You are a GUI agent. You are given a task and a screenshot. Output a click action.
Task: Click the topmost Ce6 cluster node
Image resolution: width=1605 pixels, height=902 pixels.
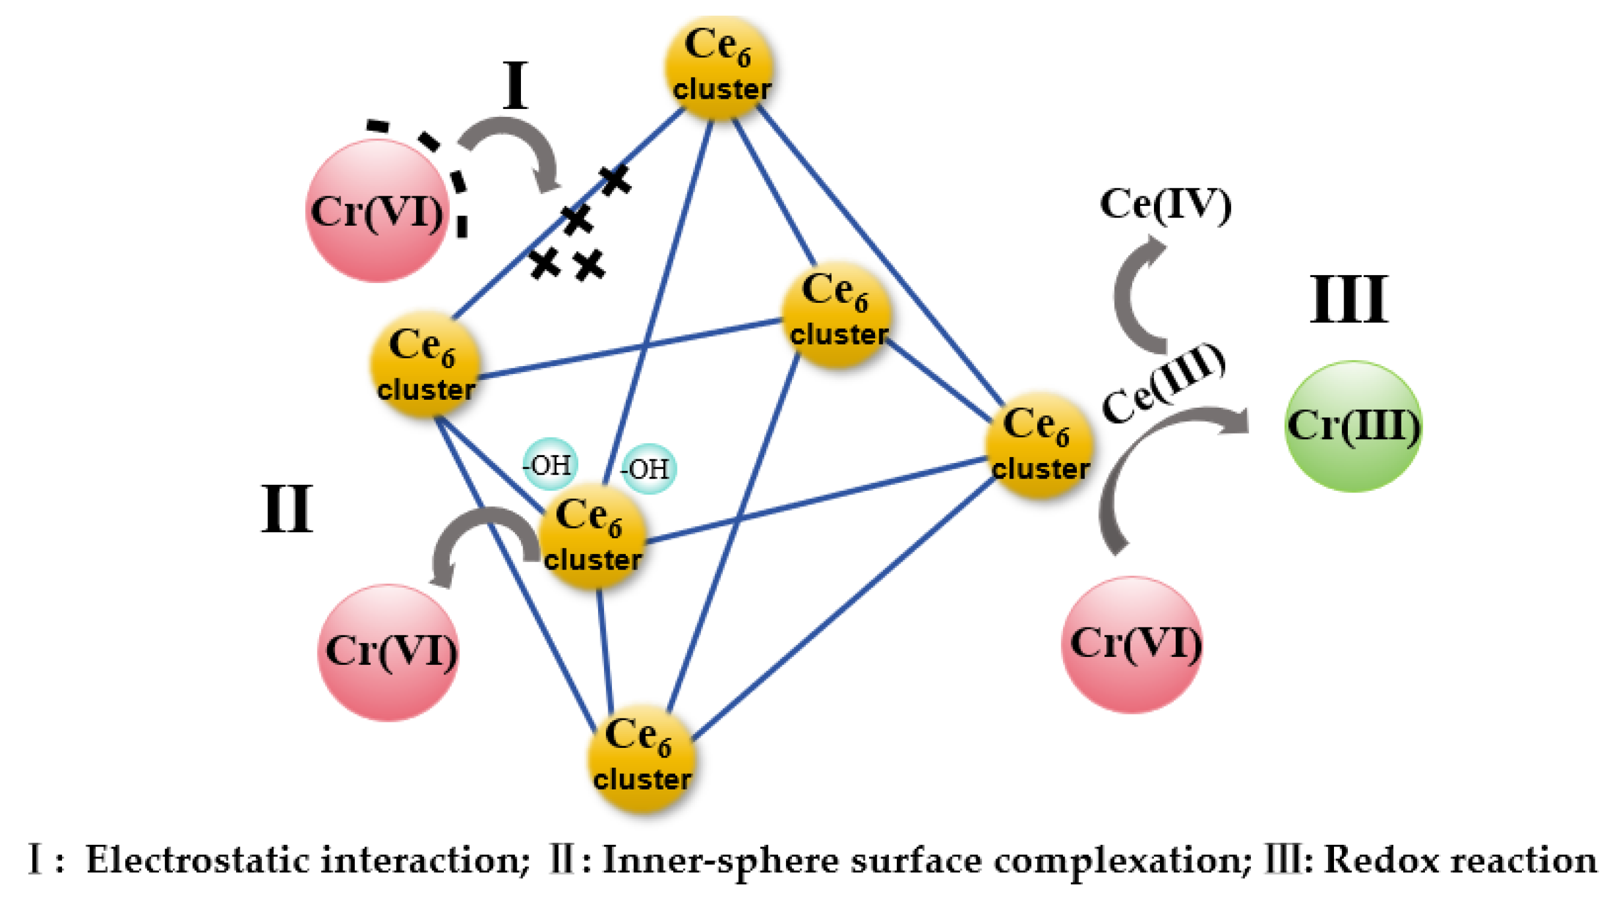tap(720, 67)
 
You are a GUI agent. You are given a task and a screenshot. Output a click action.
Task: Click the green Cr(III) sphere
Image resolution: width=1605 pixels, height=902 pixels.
tap(1353, 426)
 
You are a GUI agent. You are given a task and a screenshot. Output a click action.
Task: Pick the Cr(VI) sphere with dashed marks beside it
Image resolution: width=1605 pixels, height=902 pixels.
tap(378, 211)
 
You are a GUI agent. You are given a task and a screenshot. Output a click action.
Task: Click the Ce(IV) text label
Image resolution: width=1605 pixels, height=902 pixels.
tap(1165, 204)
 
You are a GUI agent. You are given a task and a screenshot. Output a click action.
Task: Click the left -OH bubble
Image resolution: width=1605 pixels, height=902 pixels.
tap(549, 465)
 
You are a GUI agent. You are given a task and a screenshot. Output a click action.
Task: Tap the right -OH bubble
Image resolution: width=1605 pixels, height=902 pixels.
tap(648, 468)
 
